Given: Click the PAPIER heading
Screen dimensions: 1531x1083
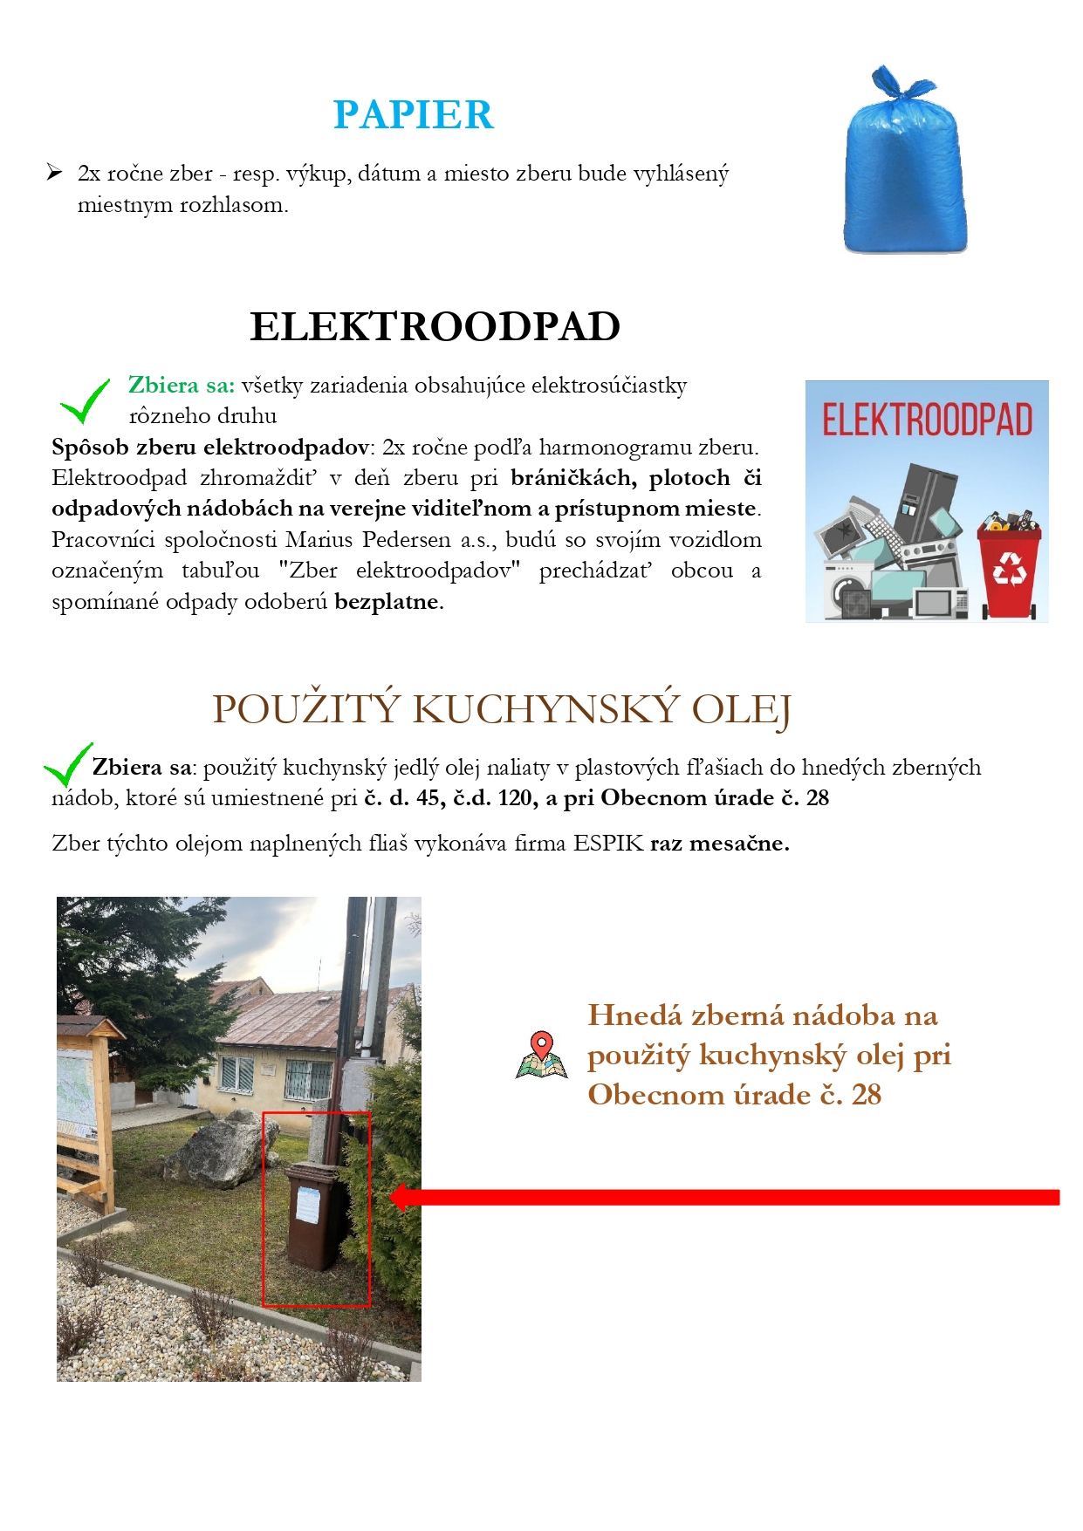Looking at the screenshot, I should (413, 115).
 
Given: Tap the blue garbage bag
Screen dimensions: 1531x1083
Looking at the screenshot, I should (904, 166).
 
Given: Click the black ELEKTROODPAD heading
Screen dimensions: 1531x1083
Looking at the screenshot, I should (435, 327).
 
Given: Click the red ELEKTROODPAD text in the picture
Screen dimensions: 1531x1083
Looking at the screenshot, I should (927, 420).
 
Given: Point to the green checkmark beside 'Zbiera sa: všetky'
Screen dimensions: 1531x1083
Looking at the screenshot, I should (85, 401).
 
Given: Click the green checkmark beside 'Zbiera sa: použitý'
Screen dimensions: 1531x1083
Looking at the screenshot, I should (67, 765).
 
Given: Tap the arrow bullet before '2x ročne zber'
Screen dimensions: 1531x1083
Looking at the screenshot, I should (55, 173).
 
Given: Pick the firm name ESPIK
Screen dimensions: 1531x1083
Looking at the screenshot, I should (607, 844).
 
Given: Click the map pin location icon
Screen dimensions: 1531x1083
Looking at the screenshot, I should (541, 1054).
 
